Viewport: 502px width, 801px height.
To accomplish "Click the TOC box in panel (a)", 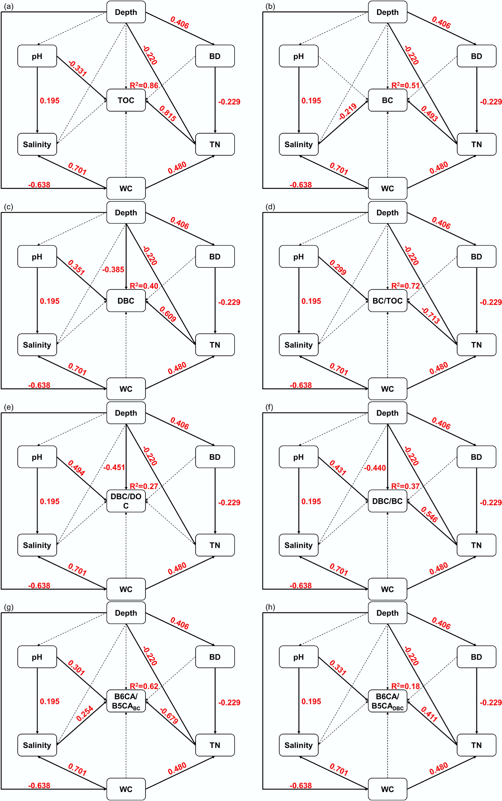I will [126, 100].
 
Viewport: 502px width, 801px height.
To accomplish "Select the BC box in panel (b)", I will [387, 100].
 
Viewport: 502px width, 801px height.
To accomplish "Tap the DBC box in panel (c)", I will [126, 301].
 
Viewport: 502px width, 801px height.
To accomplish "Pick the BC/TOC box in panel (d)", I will [387, 301].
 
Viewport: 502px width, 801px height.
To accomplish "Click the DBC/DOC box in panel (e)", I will [126, 501].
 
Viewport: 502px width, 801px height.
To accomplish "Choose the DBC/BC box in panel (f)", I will [387, 501].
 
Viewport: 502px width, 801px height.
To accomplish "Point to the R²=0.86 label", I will [144, 85].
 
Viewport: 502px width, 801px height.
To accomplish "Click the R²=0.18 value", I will [405, 686].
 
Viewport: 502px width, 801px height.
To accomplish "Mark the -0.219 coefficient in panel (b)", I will [348, 111].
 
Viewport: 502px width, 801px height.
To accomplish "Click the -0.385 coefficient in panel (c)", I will [113, 269].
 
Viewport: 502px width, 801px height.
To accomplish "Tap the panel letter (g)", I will [9, 607].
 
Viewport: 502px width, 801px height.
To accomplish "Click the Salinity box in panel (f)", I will [298, 545].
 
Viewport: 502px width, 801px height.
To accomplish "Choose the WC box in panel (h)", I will [387, 789].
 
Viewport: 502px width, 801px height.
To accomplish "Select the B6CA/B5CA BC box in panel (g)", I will [126, 701].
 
